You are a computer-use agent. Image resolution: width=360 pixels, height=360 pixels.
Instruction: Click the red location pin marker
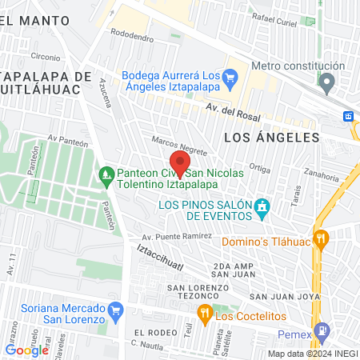pyautogui.click(x=180, y=163)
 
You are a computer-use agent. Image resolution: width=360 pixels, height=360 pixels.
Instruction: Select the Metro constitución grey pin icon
pyautogui.click(x=326, y=81)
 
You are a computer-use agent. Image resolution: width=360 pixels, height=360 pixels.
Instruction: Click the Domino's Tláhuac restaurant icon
pyautogui.click(x=321, y=238)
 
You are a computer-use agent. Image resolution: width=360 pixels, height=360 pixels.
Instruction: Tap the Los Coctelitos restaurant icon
pyautogui.click(x=204, y=313)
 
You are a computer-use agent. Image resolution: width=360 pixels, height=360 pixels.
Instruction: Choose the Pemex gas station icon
pyautogui.click(x=322, y=330)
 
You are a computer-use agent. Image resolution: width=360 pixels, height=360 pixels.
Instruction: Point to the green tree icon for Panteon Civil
pyautogui.click(x=106, y=174)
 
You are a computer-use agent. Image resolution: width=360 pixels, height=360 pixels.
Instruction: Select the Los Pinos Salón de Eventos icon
pyautogui.click(x=261, y=210)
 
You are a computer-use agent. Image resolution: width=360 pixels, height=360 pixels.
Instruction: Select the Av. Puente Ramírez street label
pyautogui.click(x=177, y=237)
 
